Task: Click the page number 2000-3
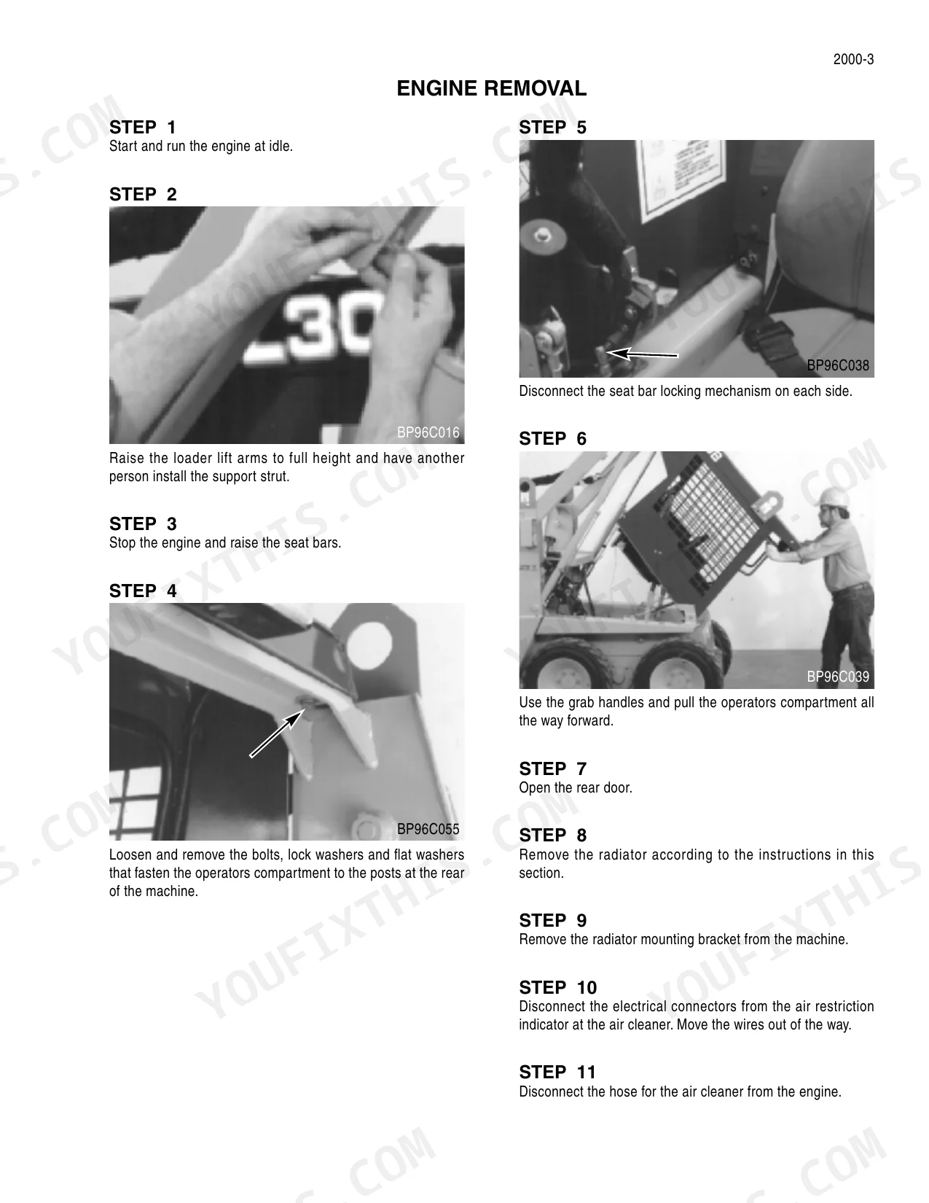click(853, 59)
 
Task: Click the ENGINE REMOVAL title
click(491, 88)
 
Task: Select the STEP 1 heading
click(143, 128)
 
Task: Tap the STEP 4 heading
click(143, 591)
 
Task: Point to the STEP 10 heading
click(557, 987)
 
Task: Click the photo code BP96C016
click(428, 432)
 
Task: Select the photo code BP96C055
click(428, 829)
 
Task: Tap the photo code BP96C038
click(838, 365)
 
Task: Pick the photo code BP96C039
click(838, 677)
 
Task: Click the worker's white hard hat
click(832, 498)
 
